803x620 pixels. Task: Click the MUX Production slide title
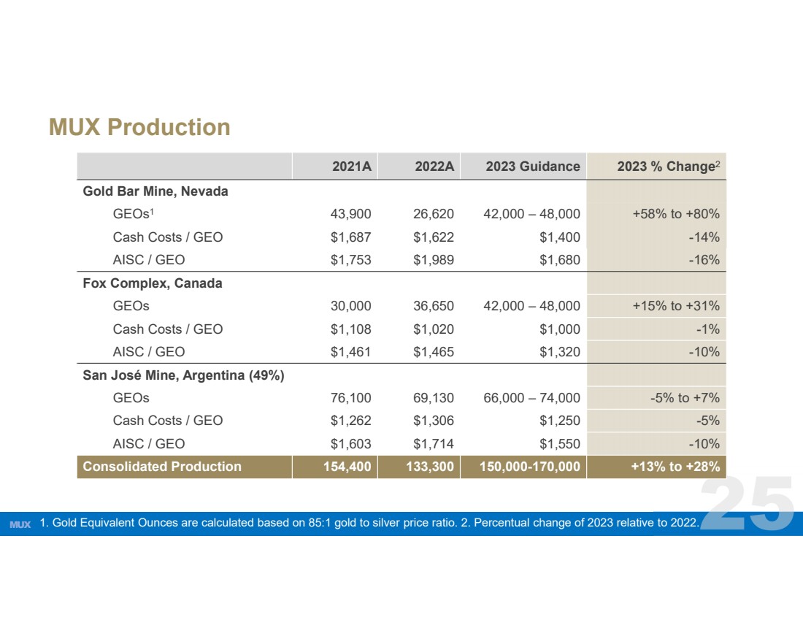pos(139,127)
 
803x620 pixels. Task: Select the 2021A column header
pos(352,167)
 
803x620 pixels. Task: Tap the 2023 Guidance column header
pos(533,167)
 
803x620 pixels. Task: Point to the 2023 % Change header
pos(668,166)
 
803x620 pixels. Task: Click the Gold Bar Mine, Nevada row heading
pos(155,191)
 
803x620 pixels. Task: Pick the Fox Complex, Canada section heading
pos(153,283)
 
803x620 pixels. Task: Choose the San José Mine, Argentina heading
pos(183,375)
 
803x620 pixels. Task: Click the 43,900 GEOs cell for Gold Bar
pos(351,214)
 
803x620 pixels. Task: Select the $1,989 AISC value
pos(433,260)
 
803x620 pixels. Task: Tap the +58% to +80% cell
pos(676,214)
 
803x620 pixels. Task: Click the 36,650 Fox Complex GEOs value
pos(433,306)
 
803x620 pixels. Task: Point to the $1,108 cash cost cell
pos(351,329)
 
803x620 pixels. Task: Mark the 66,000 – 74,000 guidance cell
pos(531,397)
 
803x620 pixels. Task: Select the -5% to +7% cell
pos(685,397)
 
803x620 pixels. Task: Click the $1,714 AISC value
pos(433,444)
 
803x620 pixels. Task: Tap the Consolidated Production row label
pos(162,467)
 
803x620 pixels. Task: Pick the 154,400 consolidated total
pos(347,467)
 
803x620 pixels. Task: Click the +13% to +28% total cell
pos(675,467)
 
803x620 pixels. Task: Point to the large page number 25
pos(748,503)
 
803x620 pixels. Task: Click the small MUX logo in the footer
pos(20,524)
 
